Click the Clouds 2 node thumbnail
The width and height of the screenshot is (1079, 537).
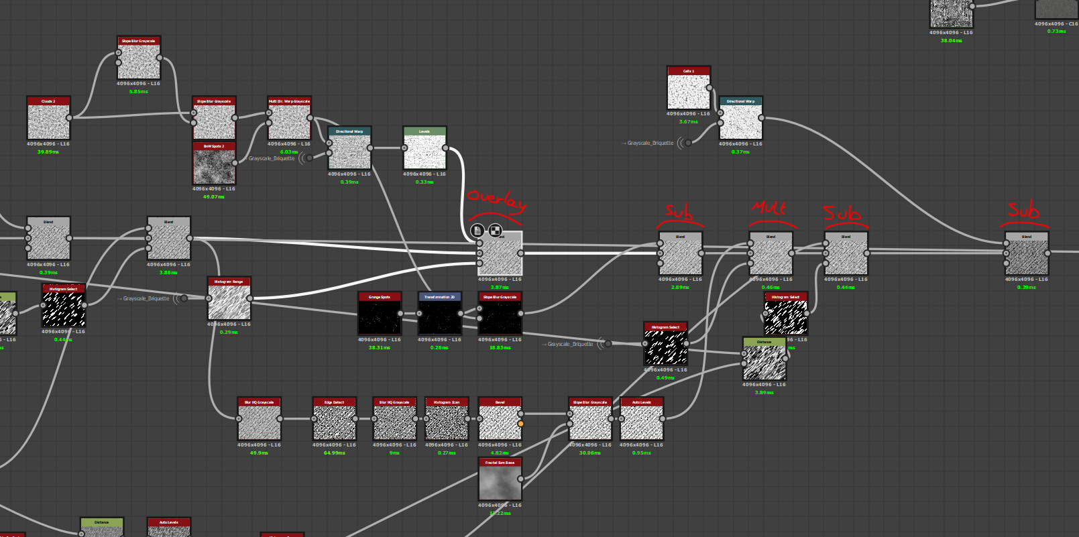48,122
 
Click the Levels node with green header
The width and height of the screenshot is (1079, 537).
424,152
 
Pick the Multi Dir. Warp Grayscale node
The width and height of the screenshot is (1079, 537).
289,122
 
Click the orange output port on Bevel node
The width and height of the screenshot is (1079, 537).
520,424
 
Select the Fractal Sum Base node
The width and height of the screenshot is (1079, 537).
500,483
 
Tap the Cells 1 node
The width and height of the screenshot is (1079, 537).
688,91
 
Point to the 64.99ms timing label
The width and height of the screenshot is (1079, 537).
335,453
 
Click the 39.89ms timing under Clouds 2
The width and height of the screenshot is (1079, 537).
48,152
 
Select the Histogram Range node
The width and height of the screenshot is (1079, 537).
229,302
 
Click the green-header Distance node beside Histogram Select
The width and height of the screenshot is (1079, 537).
764,362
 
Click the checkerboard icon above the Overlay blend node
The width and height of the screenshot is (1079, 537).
495,231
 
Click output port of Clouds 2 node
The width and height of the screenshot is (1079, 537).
69,118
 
